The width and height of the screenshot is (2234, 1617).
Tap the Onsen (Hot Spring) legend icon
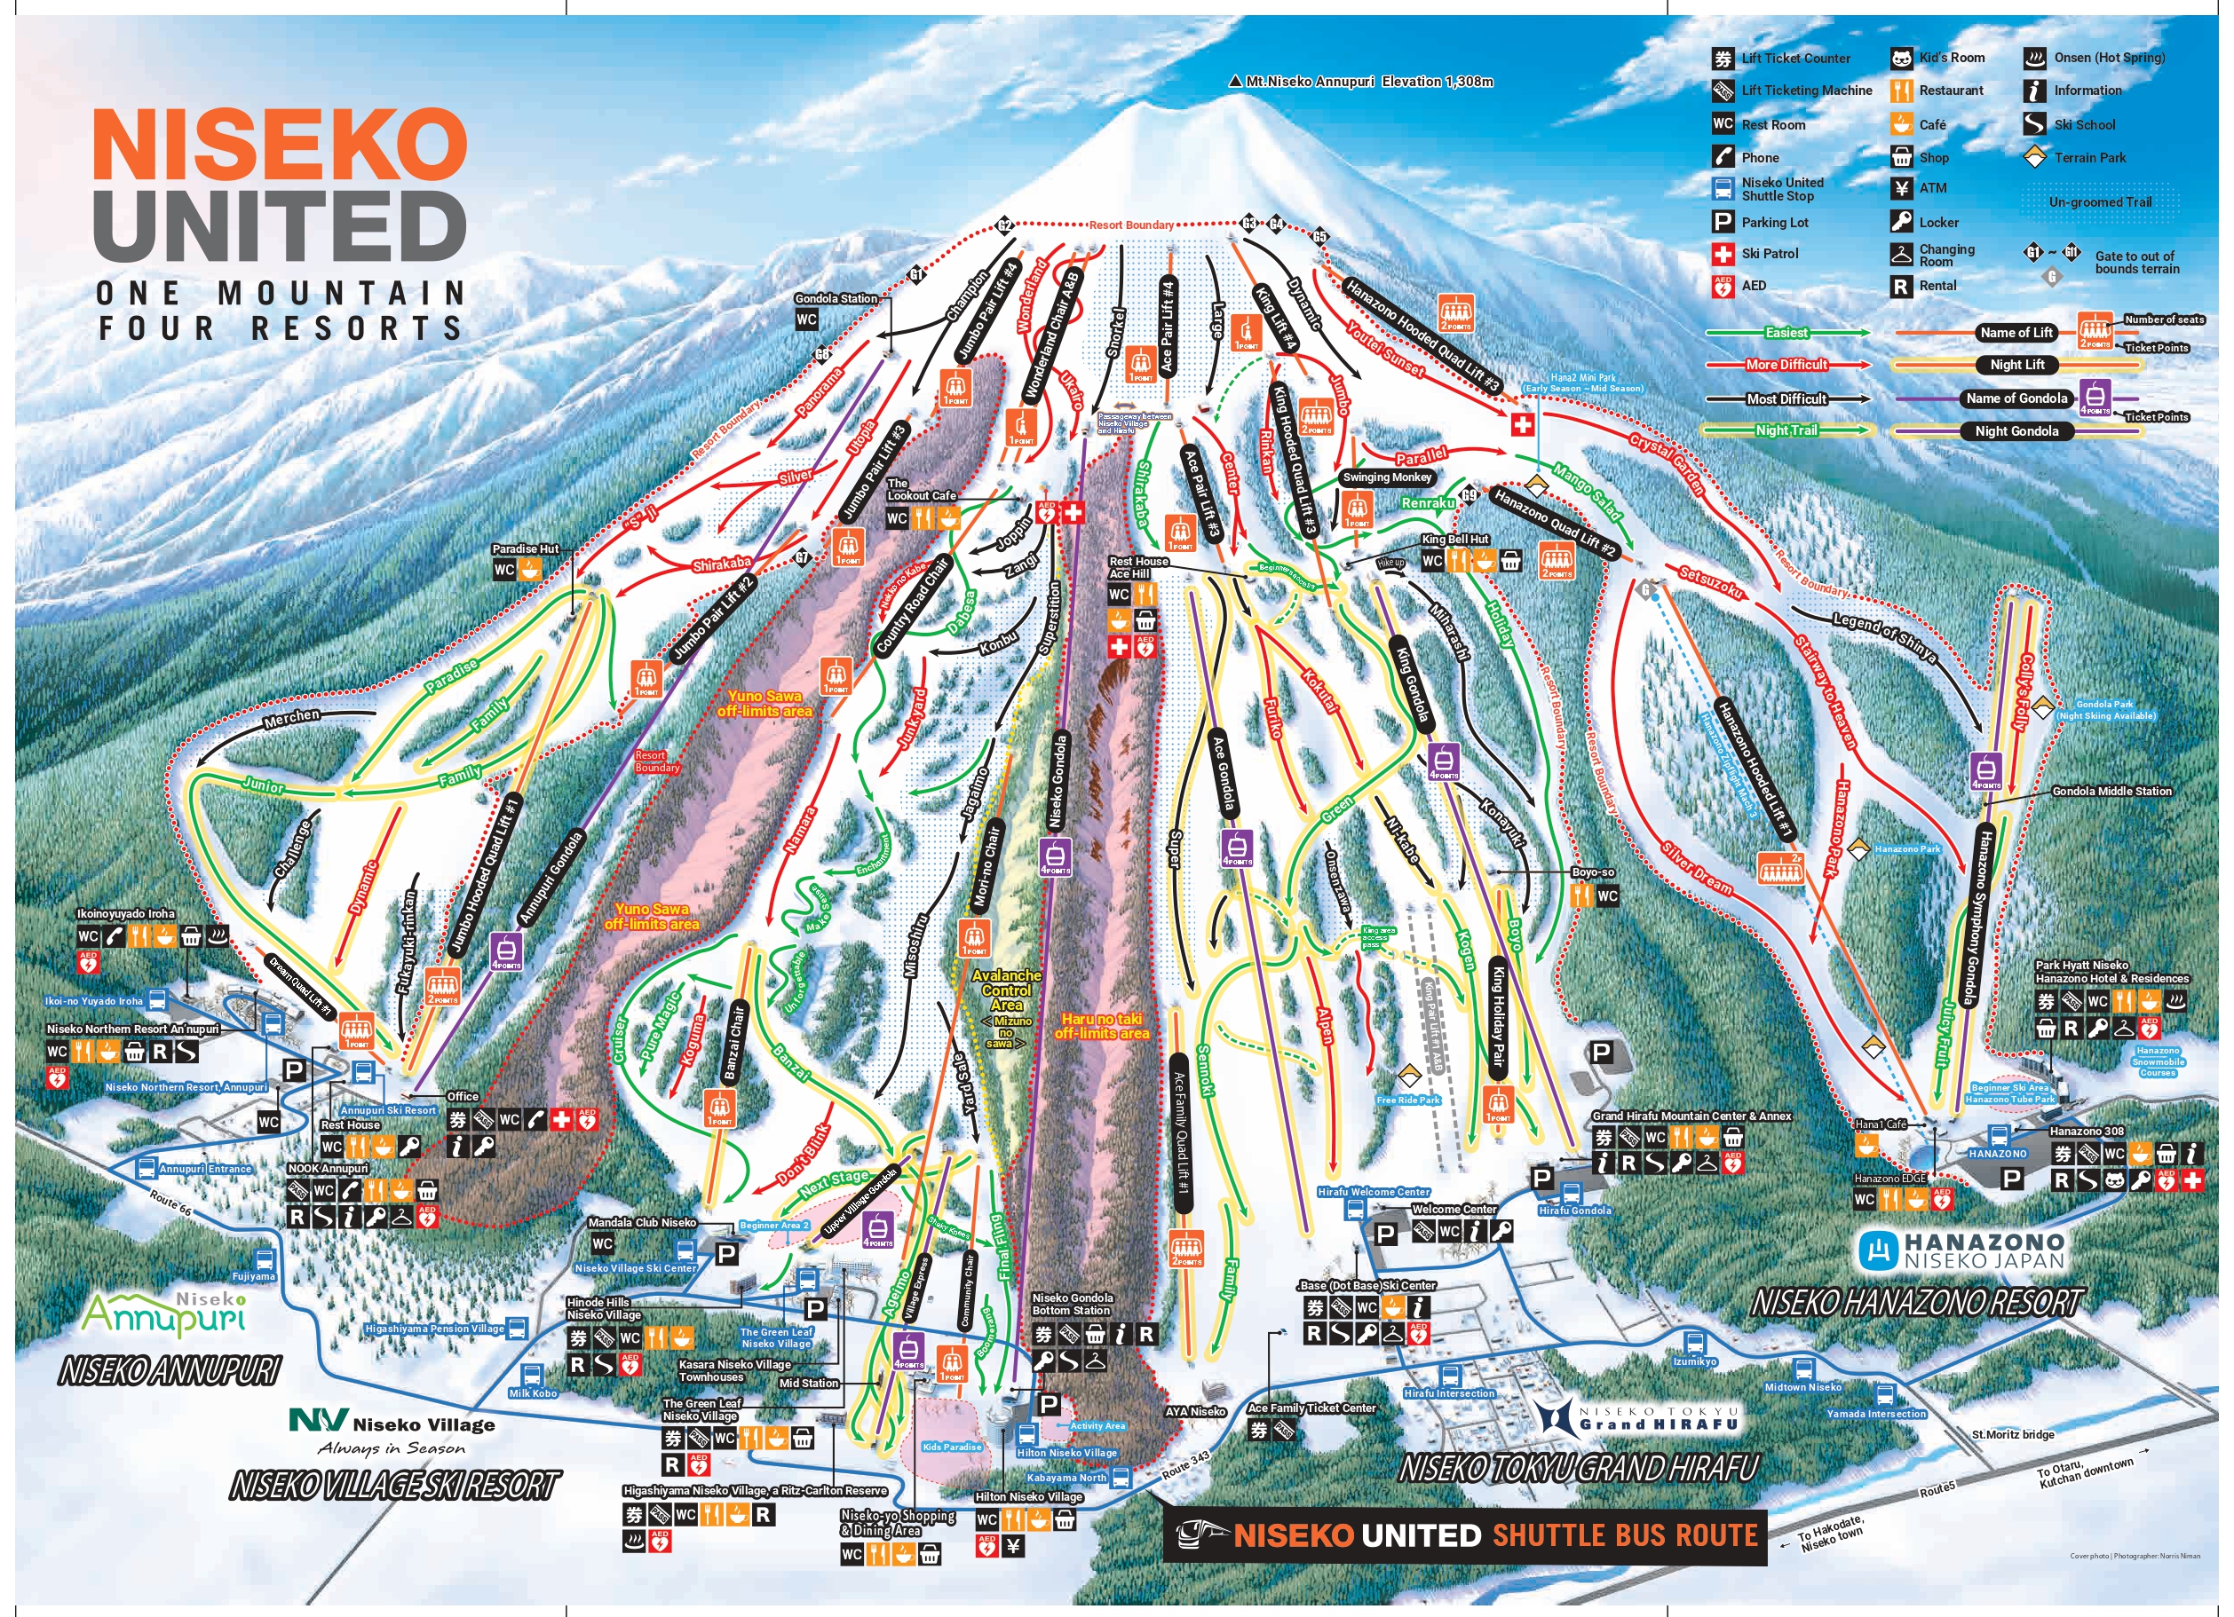pos(2035,58)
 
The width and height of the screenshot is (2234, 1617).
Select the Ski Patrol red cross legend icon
pos(1722,254)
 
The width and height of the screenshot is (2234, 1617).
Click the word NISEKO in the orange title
pos(280,145)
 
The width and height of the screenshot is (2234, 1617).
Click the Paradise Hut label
pos(525,549)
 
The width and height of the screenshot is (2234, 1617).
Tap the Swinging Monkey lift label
pos(1386,477)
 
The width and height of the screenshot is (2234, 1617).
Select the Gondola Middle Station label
pos(2111,791)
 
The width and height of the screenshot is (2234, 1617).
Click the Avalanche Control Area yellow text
pos(1006,990)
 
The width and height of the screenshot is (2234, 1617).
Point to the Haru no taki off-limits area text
pos(1101,1026)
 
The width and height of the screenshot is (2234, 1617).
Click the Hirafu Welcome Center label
pos(1373,1192)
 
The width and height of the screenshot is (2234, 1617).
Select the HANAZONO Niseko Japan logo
pos(1961,1250)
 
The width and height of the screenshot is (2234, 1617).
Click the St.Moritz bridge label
pos(2012,1435)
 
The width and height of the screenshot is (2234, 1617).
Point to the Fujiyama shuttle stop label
pos(253,1276)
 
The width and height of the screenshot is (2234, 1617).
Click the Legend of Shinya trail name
pos(1883,637)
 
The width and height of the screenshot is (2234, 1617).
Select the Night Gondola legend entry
pos(2016,431)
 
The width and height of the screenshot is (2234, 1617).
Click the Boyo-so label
pos(1593,872)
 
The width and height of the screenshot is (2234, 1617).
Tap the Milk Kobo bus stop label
pos(533,1393)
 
